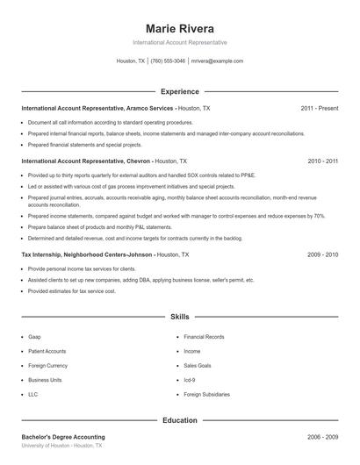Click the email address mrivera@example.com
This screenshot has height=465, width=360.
coord(217,61)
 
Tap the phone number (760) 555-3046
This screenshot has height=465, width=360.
coord(168,61)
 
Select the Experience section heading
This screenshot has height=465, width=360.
coord(179,91)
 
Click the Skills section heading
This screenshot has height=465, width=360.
coord(179,316)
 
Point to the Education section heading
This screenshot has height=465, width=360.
coord(179,420)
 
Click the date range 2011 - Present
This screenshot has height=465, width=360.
coord(319,108)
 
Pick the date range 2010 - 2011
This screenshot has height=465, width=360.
coord(323,161)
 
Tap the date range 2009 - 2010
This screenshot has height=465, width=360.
coord(323,254)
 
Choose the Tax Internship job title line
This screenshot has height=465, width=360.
coord(104,254)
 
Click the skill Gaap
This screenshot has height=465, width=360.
coord(34,337)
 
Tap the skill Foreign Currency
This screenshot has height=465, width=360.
coord(47,366)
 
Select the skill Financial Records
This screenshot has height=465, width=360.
coord(204,337)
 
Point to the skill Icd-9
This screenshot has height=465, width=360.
coord(191,380)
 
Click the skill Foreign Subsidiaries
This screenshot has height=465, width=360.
coord(207,395)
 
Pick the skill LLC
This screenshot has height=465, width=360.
coord(32,395)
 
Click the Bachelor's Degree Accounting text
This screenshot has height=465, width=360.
coord(63,437)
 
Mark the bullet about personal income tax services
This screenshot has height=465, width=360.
coord(82,268)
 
